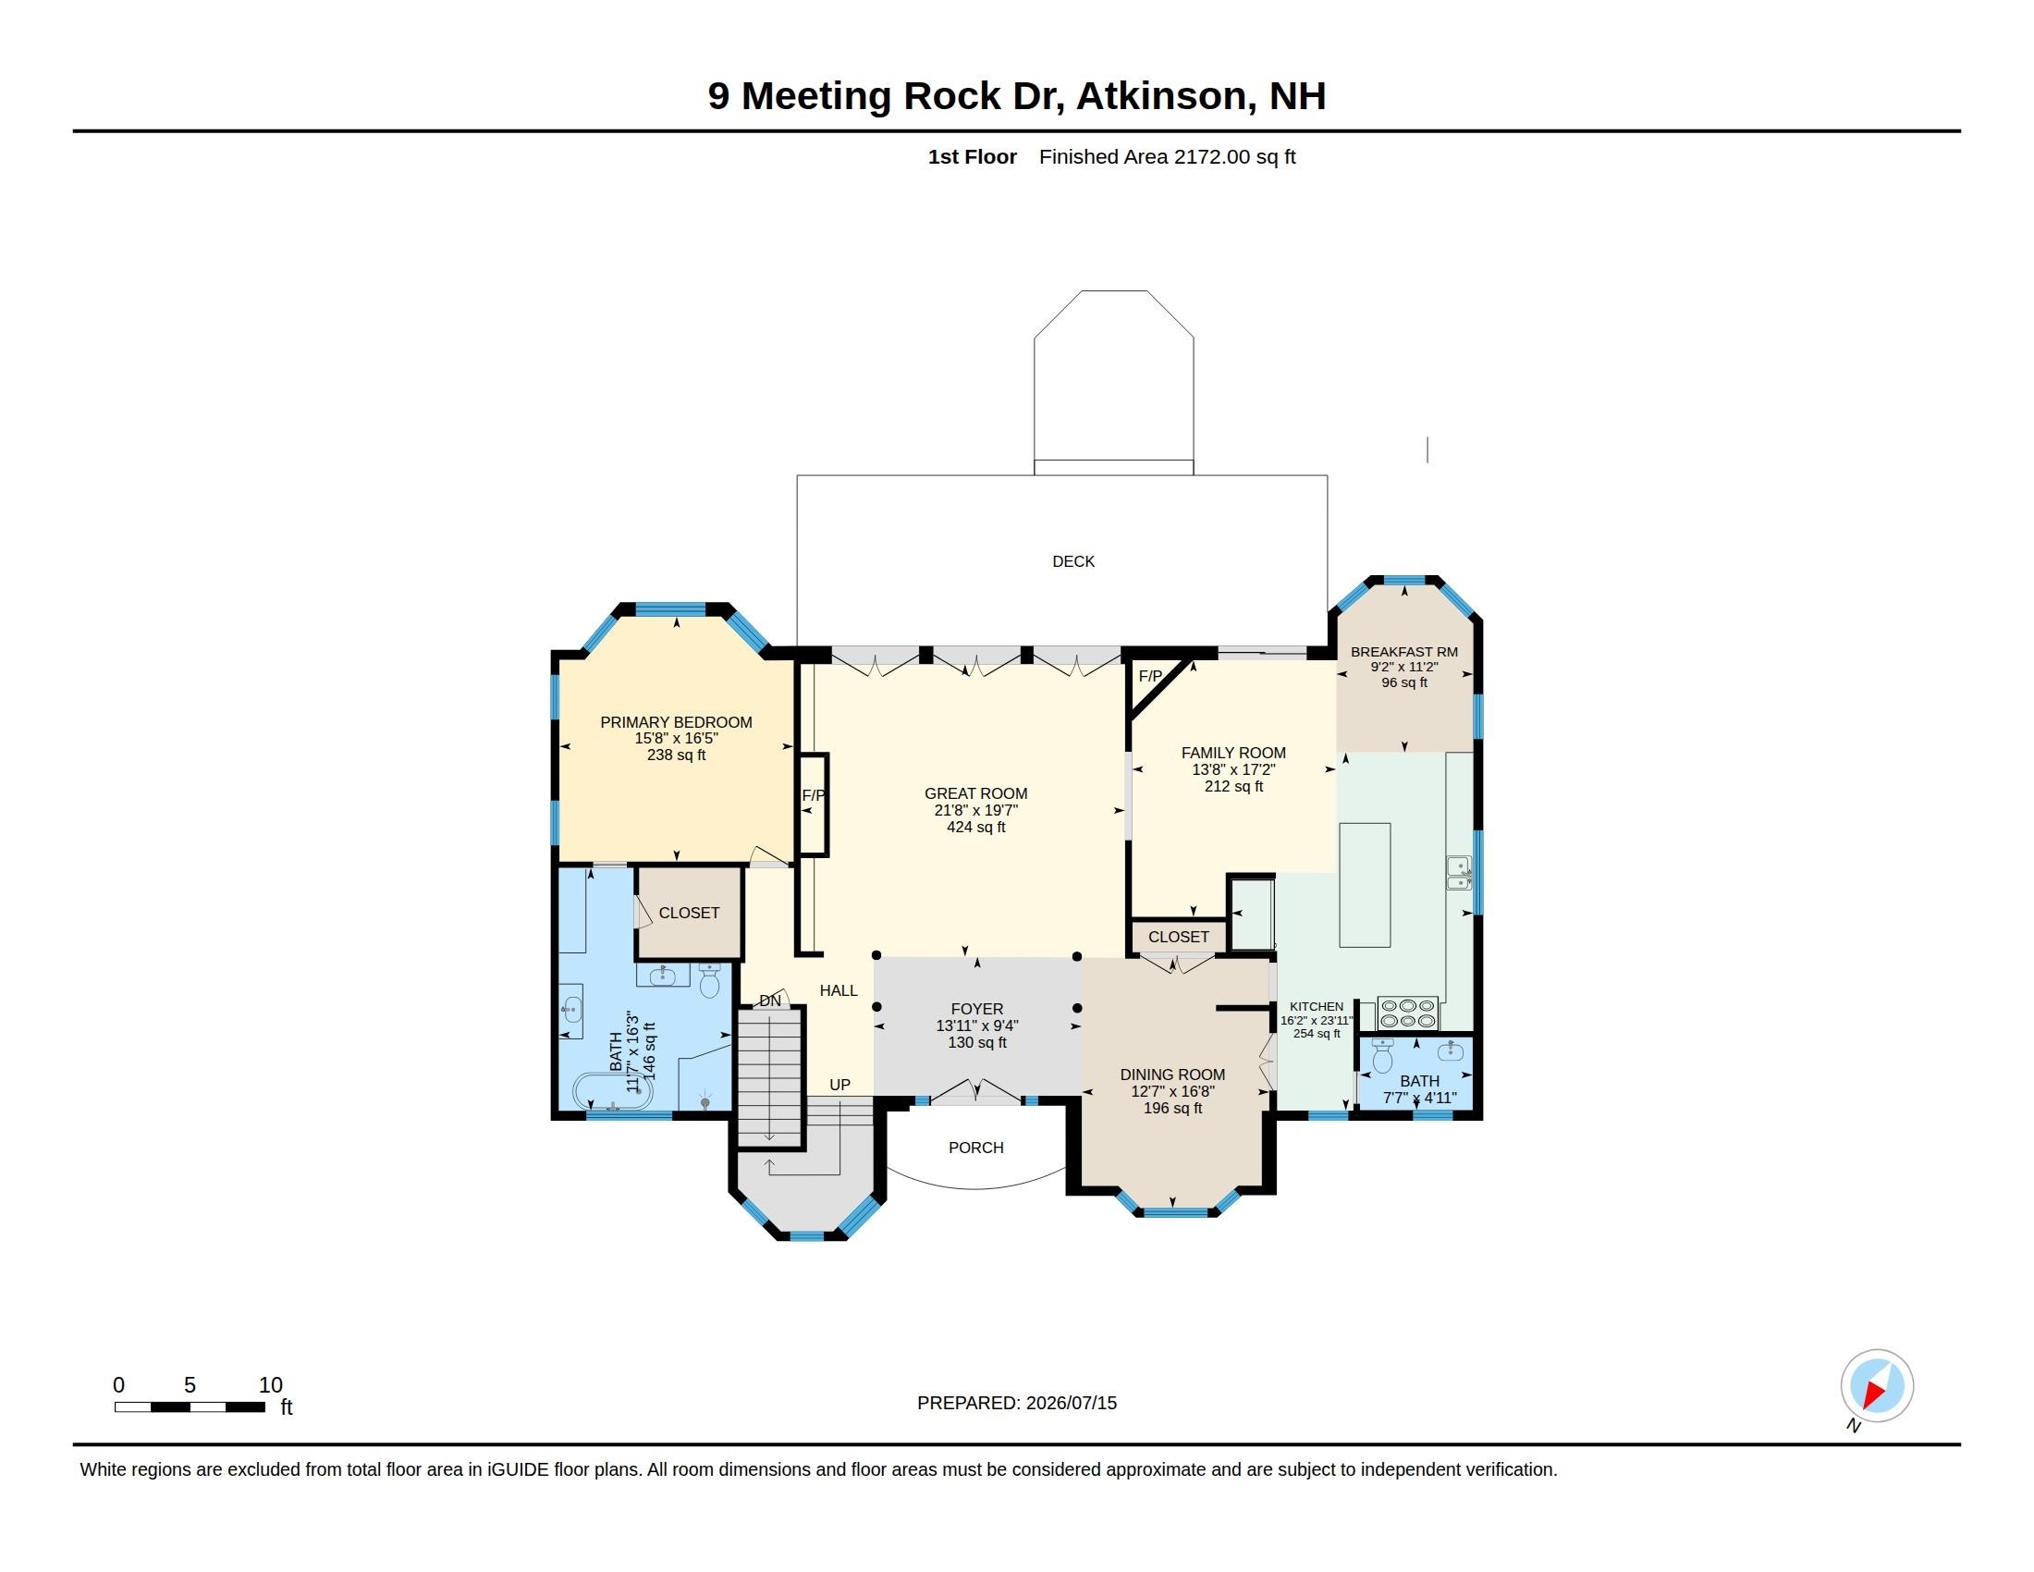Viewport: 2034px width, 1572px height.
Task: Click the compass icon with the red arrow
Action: [x=1876, y=1386]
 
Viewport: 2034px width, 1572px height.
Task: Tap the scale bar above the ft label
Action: [x=189, y=1407]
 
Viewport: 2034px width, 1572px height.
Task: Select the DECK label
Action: [x=1072, y=561]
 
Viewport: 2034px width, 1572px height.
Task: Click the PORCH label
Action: [x=976, y=1148]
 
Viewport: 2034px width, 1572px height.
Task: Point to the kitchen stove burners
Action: [x=1407, y=1013]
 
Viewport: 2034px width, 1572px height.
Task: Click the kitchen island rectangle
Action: [x=1365, y=885]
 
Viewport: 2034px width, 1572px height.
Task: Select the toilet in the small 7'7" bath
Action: [x=1383, y=1056]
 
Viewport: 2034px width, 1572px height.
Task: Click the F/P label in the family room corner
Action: [x=1150, y=676]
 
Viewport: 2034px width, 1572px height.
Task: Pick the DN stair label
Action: [x=770, y=1001]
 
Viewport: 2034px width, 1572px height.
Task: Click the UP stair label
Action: [x=840, y=1085]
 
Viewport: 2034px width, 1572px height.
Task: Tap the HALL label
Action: [x=839, y=991]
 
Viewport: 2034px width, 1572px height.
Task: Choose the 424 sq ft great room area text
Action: [x=976, y=827]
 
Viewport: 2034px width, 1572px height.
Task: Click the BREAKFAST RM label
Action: [x=1404, y=652]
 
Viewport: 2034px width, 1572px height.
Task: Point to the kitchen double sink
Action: [x=1458, y=873]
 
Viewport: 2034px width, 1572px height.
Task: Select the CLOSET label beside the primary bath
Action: [x=689, y=914]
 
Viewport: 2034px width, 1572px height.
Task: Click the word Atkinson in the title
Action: [x=1162, y=96]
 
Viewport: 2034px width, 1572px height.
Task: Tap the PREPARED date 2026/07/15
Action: [x=1071, y=1404]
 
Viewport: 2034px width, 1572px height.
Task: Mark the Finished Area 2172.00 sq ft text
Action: [x=1167, y=156]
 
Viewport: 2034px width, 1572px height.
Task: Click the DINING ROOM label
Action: [x=1172, y=1075]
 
